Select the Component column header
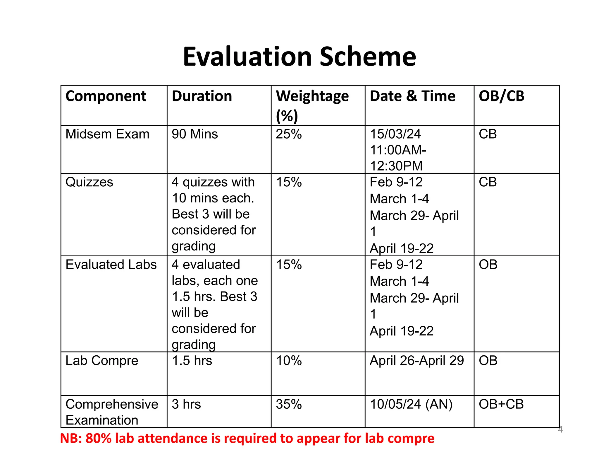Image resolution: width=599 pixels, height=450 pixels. click(106, 96)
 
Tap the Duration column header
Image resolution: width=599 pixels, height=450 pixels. click(202, 96)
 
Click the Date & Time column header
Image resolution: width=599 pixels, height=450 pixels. click(412, 96)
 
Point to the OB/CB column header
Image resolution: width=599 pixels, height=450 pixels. click(501, 96)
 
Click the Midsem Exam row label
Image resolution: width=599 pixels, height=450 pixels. click(107, 134)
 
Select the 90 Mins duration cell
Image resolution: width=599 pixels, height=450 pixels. click(195, 134)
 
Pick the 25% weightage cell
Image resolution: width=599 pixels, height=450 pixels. click(289, 134)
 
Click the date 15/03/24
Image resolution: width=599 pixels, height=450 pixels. click(395, 134)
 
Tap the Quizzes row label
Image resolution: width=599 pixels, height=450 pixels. click(89, 182)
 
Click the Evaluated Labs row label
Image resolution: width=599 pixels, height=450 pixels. click(111, 265)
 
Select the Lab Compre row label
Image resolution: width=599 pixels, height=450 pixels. click(102, 361)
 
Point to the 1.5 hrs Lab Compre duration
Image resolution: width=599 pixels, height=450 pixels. click(192, 361)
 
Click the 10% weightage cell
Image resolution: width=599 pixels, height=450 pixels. click(289, 361)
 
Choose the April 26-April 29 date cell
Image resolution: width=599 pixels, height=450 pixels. click(417, 361)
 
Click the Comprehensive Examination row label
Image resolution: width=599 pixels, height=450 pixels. click(111, 412)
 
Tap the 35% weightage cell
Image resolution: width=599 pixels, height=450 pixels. click(289, 404)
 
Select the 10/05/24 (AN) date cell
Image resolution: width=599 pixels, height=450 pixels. click(411, 404)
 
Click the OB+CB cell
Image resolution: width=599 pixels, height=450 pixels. click(501, 404)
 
